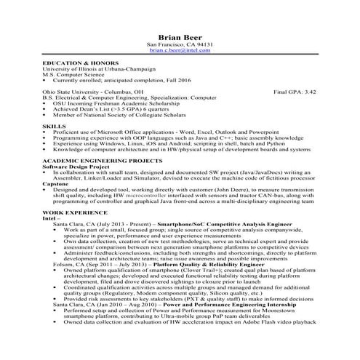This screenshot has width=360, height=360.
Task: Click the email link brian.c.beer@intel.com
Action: [x=180, y=52]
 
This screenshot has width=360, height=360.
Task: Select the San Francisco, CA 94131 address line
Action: [x=180, y=45]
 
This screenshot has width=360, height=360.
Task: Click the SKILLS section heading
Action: [x=54, y=126]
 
